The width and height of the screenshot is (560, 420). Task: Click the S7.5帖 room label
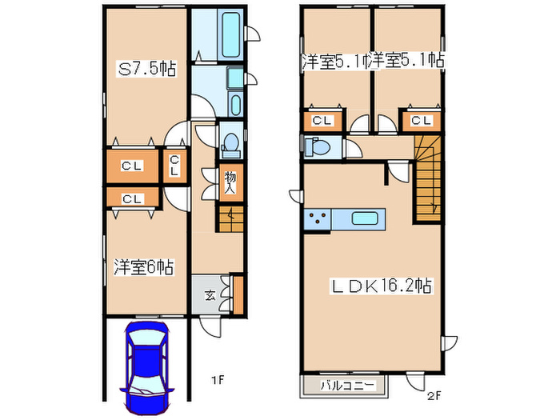point(147,70)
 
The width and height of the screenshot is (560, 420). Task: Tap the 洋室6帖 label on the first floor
point(144,267)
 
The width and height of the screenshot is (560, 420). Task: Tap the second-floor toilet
point(320,147)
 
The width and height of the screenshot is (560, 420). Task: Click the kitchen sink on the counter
point(364,218)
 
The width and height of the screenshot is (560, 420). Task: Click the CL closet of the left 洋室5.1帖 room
point(322,121)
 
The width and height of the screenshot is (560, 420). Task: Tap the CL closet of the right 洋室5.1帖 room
point(421,121)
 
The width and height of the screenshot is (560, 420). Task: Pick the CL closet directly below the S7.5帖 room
point(132,166)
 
